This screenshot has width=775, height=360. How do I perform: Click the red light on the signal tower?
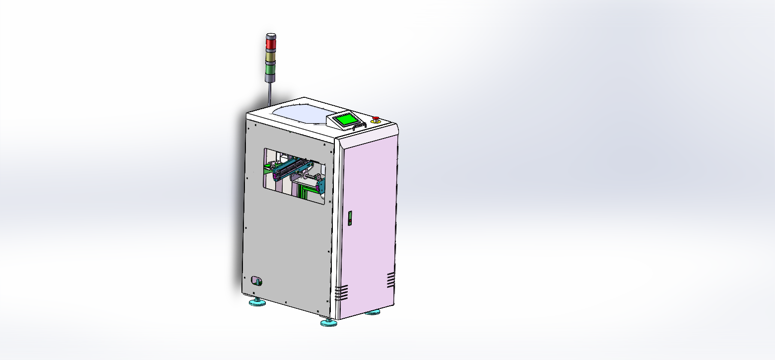[x=271, y=45]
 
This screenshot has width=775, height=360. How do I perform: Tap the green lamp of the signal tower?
[x=271, y=68]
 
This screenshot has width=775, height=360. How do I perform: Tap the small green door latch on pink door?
[x=349, y=218]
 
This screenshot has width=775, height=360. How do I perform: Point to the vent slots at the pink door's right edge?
[x=391, y=280]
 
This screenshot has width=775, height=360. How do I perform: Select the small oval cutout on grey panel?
[x=256, y=281]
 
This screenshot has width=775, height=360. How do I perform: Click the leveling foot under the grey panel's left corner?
[x=257, y=302]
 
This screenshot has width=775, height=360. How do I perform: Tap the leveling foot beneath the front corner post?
[x=328, y=323]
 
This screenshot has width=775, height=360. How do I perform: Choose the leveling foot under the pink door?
[x=372, y=312]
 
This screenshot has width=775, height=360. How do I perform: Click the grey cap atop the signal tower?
[x=271, y=36]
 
